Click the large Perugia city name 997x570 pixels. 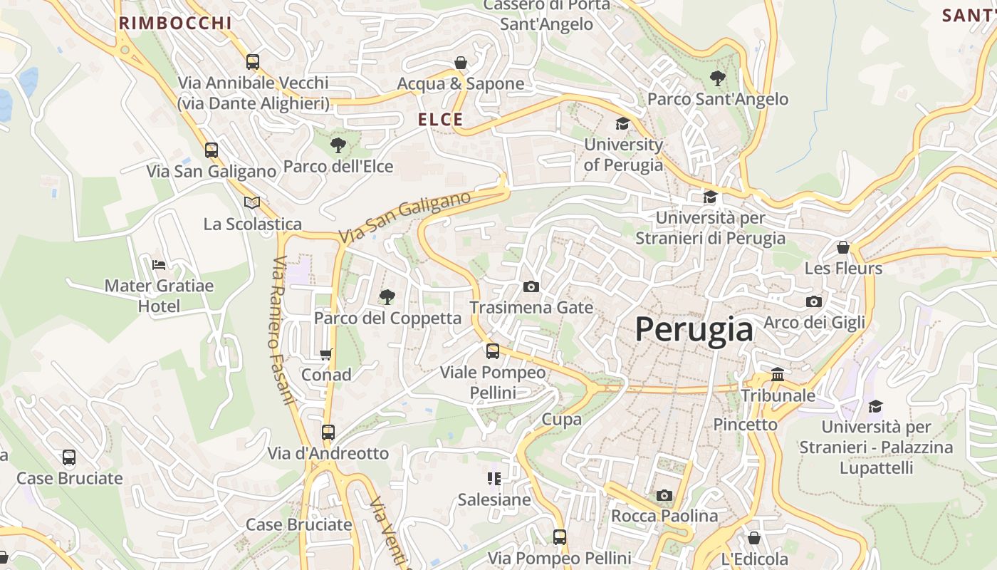point(694,330)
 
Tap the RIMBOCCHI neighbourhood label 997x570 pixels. point(175,23)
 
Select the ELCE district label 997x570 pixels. point(440,120)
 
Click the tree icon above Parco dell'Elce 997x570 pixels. point(338,145)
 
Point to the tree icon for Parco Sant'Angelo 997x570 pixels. point(717,78)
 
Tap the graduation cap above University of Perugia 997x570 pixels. point(622,124)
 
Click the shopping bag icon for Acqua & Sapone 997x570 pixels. point(461,63)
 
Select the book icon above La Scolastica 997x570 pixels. point(252,203)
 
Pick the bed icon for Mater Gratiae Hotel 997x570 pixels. point(159,265)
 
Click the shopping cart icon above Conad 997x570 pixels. point(326,354)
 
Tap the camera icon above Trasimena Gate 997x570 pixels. point(531,286)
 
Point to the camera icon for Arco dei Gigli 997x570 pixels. point(814,301)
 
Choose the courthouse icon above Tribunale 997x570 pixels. point(778,374)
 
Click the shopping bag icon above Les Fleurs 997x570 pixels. point(843,247)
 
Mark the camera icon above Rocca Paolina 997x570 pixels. point(664,495)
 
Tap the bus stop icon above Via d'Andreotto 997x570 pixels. point(328,432)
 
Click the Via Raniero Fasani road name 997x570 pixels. point(283,330)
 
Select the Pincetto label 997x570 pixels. point(746,425)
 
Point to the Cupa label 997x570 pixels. point(562,420)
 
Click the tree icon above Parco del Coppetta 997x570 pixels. point(387,296)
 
